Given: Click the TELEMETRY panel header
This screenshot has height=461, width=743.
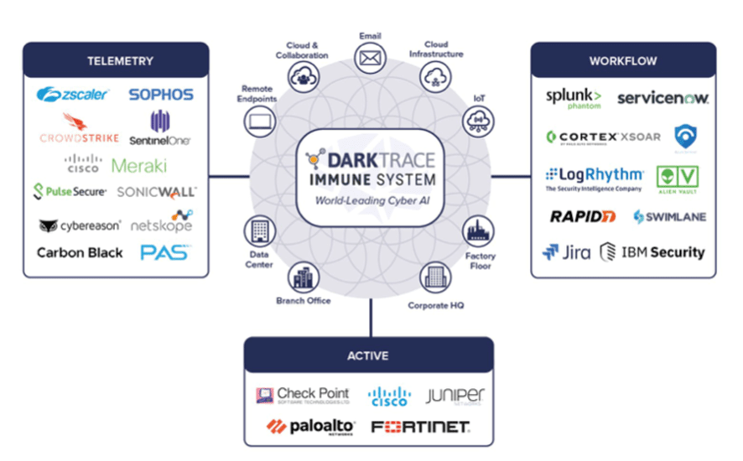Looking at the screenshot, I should click(120, 60).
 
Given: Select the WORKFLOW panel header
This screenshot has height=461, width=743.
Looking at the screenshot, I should click(622, 60).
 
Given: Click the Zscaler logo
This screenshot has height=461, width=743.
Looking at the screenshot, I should click(72, 95).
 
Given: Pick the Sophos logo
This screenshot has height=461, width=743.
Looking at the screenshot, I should click(161, 95).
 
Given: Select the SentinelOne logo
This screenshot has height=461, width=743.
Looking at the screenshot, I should click(160, 129).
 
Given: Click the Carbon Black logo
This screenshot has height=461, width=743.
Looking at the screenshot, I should click(80, 252).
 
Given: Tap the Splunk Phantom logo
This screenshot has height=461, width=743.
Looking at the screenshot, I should click(574, 98).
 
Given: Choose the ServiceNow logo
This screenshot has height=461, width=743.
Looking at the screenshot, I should click(662, 98).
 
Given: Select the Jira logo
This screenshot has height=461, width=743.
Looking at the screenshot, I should click(566, 251).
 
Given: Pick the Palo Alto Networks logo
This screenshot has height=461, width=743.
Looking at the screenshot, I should click(310, 427).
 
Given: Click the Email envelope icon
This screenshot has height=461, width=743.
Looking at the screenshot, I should click(370, 57).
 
